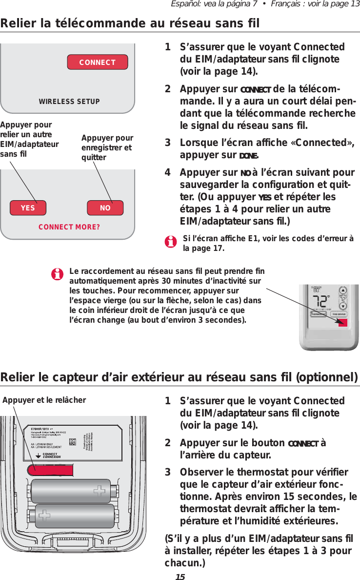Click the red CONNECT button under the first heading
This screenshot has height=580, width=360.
pos(97,62)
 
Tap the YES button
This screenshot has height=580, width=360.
pos(28,207)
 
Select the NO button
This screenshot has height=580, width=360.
pos(105,207)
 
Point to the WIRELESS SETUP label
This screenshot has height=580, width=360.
pos(69,102)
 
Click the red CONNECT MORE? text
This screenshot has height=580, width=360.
pos(69,227)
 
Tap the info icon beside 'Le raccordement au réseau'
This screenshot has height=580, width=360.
pos(58,274)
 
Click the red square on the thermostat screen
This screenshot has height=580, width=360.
pos(342,322)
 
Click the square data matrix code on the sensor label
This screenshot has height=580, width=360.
pos(73,441)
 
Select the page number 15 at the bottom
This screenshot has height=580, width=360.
pos(180,576)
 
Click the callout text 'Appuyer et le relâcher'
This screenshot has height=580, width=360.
pos(44,400)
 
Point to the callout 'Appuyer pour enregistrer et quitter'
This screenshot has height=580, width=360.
pos(107,147)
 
